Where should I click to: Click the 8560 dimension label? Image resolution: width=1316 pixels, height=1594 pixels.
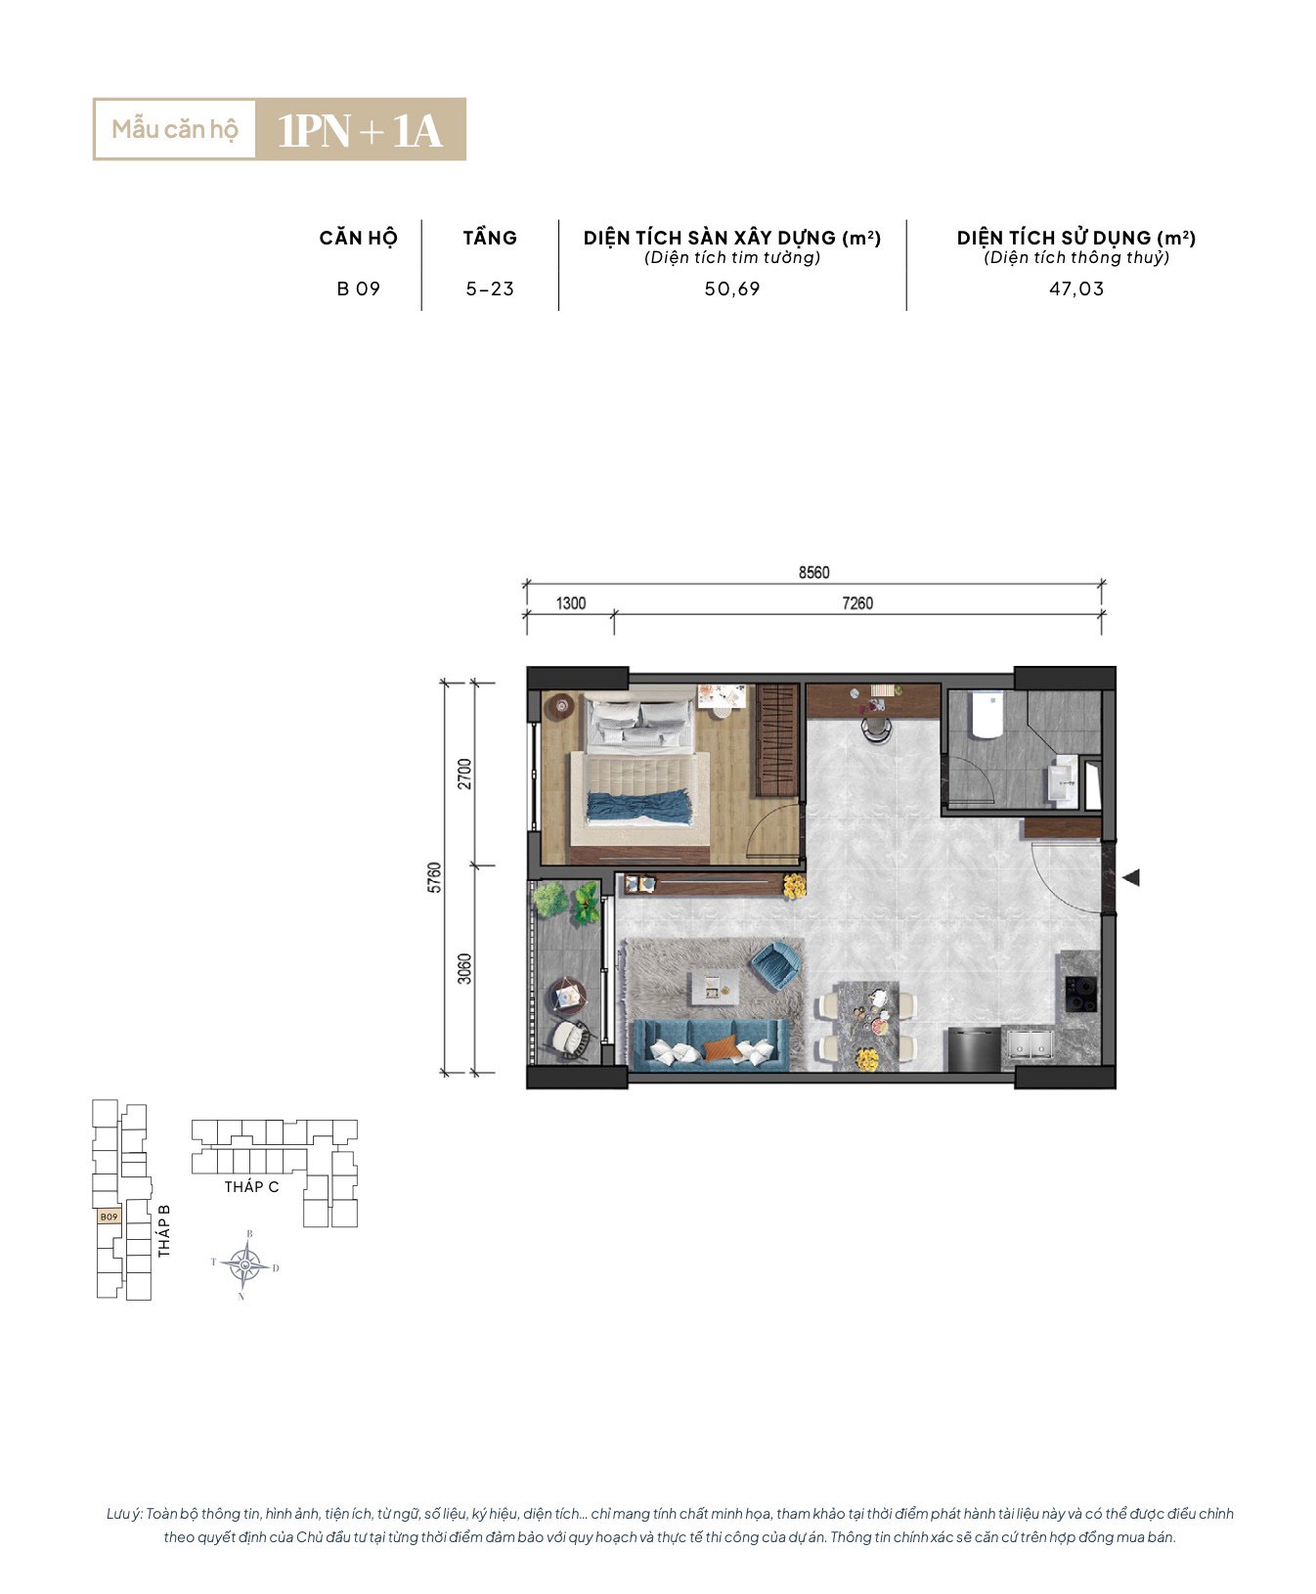813,572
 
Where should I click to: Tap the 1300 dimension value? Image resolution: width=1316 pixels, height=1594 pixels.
571,603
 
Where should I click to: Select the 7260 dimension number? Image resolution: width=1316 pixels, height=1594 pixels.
857,603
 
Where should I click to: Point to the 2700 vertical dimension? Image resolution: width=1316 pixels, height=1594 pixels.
464,774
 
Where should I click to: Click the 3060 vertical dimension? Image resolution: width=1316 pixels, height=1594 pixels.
464,968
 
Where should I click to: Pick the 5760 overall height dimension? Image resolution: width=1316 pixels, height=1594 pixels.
435,877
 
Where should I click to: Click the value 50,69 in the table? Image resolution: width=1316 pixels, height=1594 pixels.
732,289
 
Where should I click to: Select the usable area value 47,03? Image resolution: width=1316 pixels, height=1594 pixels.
1076,289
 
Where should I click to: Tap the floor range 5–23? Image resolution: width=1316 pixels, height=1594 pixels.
490,289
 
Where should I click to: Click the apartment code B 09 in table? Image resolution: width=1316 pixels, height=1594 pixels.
359,289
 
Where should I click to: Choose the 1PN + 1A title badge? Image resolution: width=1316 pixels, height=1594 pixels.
360,129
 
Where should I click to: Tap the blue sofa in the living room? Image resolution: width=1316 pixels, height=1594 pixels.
710,1044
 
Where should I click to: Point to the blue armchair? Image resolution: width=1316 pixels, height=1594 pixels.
776,962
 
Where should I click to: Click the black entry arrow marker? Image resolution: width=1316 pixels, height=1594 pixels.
1131,877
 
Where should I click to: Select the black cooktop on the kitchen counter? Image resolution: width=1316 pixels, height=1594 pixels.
1079,994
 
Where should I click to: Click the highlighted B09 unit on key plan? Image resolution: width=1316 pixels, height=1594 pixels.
109,1217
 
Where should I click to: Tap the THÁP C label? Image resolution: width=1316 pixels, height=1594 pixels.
251,1187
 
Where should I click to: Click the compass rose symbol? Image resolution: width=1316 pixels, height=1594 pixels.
244,1265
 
